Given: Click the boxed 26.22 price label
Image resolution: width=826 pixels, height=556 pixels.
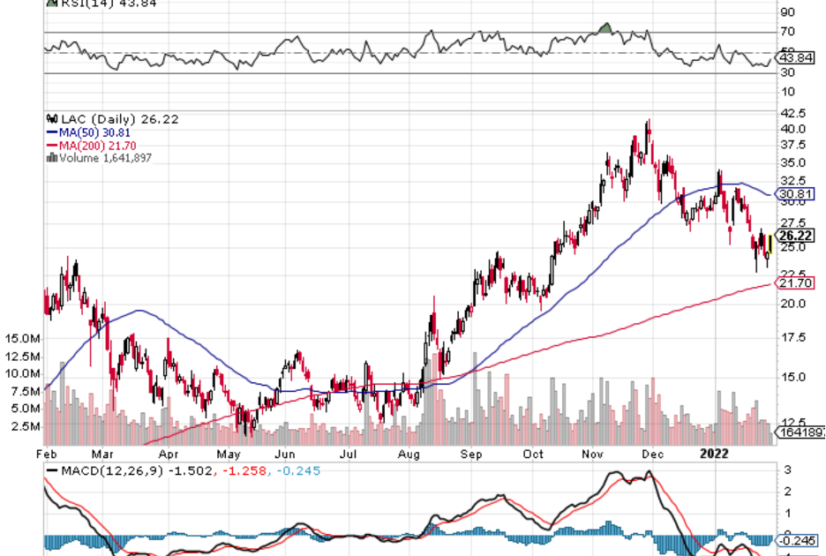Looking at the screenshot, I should pos(796,236).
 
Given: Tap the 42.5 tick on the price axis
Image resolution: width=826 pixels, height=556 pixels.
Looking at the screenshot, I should pos(793,113).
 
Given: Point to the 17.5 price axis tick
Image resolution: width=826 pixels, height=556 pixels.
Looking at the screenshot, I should pos(793,337).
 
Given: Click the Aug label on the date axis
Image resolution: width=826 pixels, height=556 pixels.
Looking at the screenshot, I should pos(408,454).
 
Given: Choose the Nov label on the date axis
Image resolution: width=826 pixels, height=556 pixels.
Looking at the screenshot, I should pos(593,454).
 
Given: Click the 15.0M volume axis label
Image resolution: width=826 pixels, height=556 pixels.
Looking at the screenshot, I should pos(22,339).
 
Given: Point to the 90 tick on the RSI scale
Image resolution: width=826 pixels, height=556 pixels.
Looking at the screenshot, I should pos(787,12).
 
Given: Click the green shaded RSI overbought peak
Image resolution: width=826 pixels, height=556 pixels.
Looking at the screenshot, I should pos(604,29).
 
